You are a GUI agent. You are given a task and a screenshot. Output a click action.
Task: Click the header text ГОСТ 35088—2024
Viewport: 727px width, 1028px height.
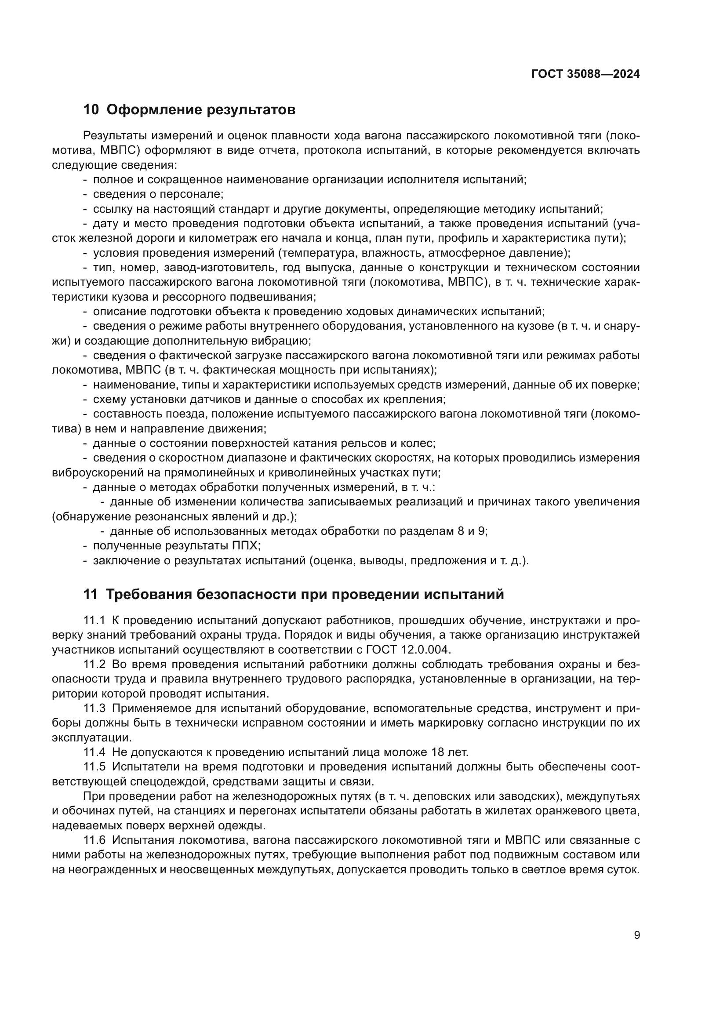(x=585, y=74)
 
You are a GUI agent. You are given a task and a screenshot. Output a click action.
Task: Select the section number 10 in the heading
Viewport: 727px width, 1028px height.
(x=91, y=110)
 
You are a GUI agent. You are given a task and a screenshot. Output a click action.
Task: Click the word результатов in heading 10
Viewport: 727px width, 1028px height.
(x=251, y=110)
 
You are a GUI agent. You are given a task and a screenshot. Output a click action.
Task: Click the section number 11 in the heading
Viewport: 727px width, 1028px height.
(x=91, y=595)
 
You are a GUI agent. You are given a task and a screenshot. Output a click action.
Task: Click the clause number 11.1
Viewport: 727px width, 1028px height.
(x=94, y=621)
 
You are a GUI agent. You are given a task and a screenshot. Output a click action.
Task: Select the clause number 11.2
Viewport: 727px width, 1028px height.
(x=94, y=665)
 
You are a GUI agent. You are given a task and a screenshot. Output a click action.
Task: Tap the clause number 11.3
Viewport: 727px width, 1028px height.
(x=94, y=708)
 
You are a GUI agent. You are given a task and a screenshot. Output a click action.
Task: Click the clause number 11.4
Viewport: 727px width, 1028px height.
(x=94, y=752)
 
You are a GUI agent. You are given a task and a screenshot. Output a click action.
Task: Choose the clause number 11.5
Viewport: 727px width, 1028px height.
(x=94, y=767)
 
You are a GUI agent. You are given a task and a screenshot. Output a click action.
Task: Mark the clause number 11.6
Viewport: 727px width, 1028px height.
(x=94, y=840)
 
